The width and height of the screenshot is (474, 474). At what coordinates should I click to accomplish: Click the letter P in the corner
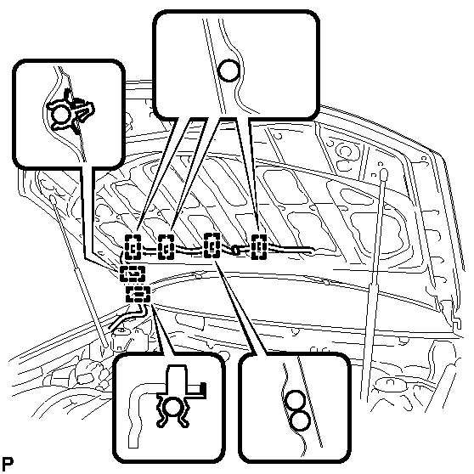pyautogui.click(x=8, y=464)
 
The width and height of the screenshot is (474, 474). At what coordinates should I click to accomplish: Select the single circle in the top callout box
pyautogui.click(x=229, y=71)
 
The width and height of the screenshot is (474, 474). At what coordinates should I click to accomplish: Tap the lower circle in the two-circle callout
pyautogui.click(x=300, y=420)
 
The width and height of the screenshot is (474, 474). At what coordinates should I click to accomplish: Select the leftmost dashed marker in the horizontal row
pyautogui.click(x=133, y=247)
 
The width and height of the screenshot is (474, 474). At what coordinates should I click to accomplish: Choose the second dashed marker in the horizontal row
pyautogui.click(x=166, y=247)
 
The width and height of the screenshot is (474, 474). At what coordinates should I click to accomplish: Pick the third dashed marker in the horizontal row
pyautogui.click(x=212, y=245)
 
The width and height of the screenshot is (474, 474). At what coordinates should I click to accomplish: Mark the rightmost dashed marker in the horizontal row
pyautogui.click(x=259, y=246)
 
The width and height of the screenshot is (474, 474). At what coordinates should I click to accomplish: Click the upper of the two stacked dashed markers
pyautogui.click(x=133, y=274)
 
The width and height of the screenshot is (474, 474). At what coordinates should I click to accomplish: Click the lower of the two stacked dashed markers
pyautogui.click(x=138, y=294)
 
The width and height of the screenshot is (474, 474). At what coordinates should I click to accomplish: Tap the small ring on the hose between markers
pyautogui.click(x=235, y=250)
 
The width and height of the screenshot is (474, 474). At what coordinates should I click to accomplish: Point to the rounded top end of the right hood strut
pyautogui.click(x=383, y=173)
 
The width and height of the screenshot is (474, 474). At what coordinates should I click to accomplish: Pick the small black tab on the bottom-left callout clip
pyautogui.click(x=204, y=388)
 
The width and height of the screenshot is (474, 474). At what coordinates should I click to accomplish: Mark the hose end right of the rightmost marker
pyautogui.click(x=312, y=250)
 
